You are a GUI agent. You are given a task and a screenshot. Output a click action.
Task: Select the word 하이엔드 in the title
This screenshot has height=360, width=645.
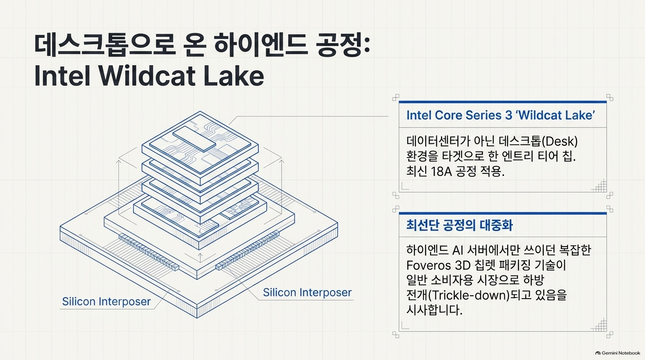(261, 45)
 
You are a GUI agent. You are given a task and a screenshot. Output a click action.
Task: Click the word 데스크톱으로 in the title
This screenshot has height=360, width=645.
(105, 45)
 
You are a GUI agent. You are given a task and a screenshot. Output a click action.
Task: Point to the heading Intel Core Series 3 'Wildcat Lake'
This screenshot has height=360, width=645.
(501, 115)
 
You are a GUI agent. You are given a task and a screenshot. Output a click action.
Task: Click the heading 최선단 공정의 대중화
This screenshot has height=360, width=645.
(459, 225)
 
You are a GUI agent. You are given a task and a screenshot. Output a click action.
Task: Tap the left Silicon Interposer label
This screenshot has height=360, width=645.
(106, 301)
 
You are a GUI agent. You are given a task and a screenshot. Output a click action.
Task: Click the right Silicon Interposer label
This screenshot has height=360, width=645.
(307, 292)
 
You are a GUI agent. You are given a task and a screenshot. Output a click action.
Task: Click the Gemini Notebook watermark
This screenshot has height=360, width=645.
(618, 353)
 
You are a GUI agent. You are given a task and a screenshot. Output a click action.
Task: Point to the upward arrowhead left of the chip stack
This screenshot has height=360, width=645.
(118, 162)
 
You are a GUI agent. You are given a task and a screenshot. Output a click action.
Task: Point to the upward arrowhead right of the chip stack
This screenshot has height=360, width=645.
(282, 162)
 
